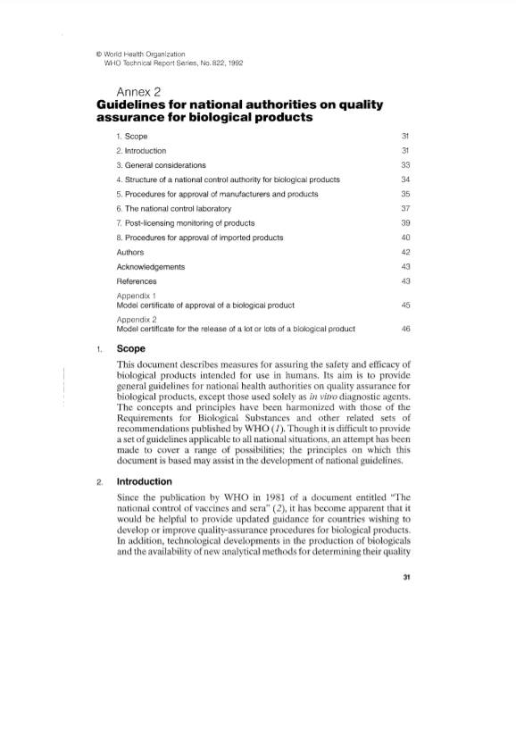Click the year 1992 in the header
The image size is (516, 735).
click(x=235, y=63)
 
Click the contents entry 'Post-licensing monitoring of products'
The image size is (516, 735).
click(x=191, y=223)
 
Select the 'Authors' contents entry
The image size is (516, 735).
click(x=130, y=253)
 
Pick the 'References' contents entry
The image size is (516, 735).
click(x=137, y=281)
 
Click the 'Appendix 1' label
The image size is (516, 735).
click(x=137, y=296)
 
